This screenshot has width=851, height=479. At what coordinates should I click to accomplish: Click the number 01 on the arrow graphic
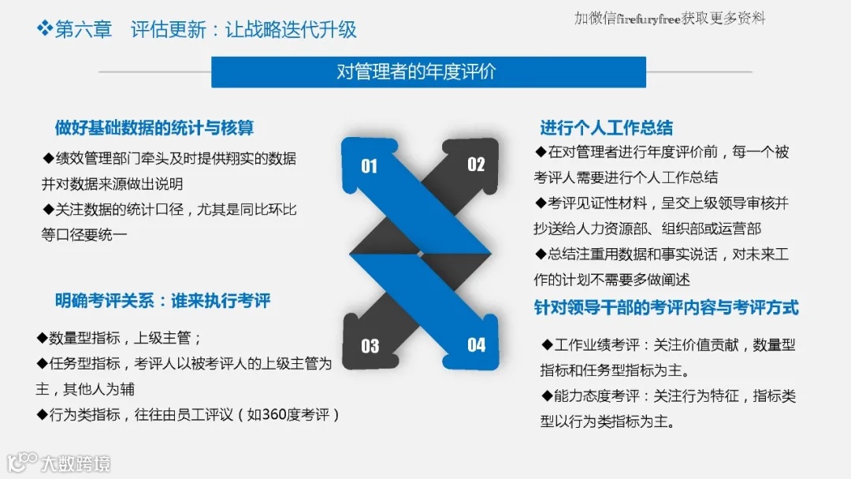[x=369, y=165]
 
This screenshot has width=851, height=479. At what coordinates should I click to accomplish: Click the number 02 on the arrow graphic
[x=476, y=164]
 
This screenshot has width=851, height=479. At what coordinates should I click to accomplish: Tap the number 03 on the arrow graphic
[x=370, y=345]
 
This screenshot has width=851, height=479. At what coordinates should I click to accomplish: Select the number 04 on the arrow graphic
[x=476, y=344]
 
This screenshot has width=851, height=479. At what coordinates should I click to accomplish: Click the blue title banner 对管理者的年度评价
[x=428, y=72]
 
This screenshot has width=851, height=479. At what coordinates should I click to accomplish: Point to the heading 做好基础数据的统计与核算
[x=154, y=128]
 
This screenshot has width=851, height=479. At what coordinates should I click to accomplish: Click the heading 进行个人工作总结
[x=606, y=128]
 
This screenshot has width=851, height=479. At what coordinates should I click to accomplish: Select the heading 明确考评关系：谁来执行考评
[x=163, y=300]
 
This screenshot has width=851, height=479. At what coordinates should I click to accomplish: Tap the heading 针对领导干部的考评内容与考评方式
[x=666, y=307]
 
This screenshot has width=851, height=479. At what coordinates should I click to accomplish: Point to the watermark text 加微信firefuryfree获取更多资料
[x=670, y=18]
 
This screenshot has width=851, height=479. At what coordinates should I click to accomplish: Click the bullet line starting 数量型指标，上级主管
[x=121, y=338]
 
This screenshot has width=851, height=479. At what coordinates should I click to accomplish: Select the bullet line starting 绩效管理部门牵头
[x=170, y=158]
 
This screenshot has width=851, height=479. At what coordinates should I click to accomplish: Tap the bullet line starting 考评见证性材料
[x=662, y=203]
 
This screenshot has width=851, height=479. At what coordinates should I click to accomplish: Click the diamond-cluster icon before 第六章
[x=45, y=29]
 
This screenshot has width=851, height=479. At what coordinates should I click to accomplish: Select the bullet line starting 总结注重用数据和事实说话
[x=662, y=254]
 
